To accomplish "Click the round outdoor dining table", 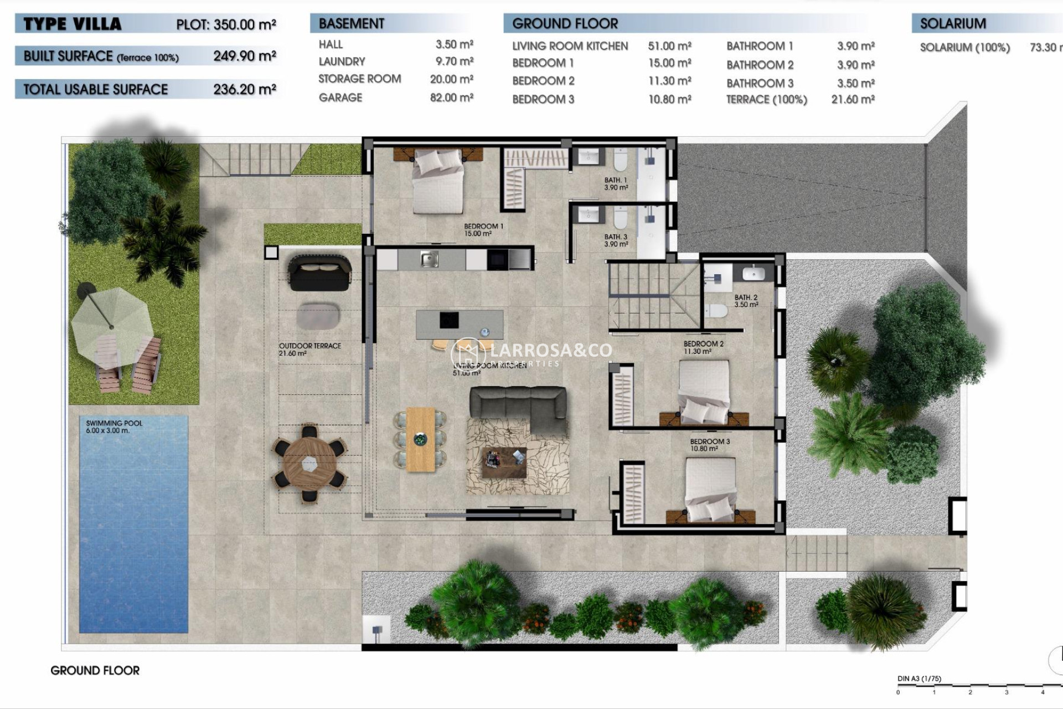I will click(x=309, y=463).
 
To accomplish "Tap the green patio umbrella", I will click(x=111, y=322).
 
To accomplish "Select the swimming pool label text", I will click(x=114, y=427).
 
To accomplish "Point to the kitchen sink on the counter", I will click(x=429, y=259).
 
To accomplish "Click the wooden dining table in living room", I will click(x=421, y=439).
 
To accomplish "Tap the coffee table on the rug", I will click(x=504, y=462).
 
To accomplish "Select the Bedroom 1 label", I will click(x=483, y=229).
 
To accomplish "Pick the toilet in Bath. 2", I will click(x=716, y=311).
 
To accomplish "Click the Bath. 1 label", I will click(x=616, y=183).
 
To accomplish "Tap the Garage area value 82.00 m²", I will click(x=451, y=97).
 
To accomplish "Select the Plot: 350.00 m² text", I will click(x=226, y=24).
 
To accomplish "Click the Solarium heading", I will click(x=953, y=23).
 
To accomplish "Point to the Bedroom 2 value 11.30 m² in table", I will click(x=669, y=81).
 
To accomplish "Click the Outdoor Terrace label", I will click(x=309, y=349).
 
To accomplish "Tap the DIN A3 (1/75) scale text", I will click(x=919, y=679).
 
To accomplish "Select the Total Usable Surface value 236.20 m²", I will click(x=244, y=89).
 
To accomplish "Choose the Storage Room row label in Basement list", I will click(x=359, y=79).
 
